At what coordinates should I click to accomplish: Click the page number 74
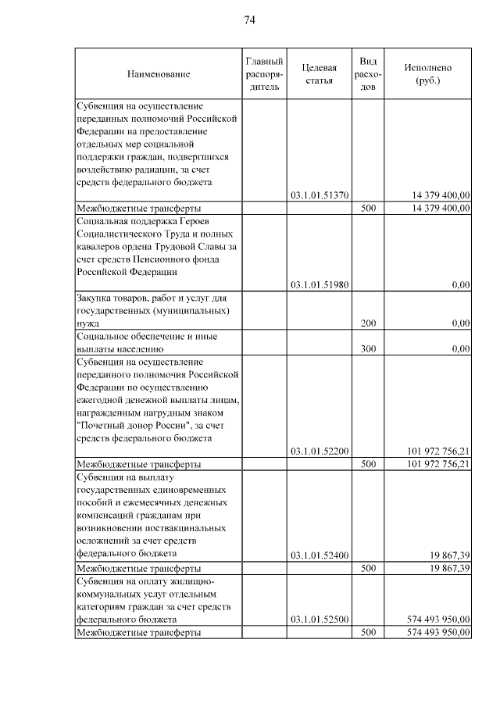(x=250, y=20)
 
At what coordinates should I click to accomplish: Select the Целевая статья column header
(x=319, y=74)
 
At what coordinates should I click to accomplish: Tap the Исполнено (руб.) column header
(x=427, y=74)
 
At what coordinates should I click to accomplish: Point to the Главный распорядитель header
(x=264, y=74)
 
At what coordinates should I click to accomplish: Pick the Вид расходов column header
(x=369, y=74)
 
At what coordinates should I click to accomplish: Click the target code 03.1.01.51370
(x=319, y=195)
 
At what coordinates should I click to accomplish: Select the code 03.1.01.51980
(x=319, y=285)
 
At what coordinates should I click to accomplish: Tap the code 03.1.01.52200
(x=319, y=451)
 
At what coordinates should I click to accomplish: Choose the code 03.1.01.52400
(x=319, y=555)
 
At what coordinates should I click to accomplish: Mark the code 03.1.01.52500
(x=319, y=620)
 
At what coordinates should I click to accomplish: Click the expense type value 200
(x=369, y=323)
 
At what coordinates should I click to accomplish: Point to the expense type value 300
(x=369, y=348)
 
